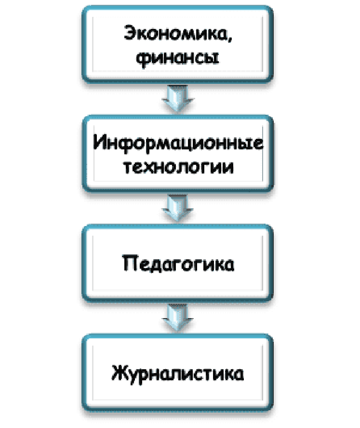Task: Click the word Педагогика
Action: (178, 265)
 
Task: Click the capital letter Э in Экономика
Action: (131, 34)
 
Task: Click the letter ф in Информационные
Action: (127, 144)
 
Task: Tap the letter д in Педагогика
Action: (156, 266)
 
